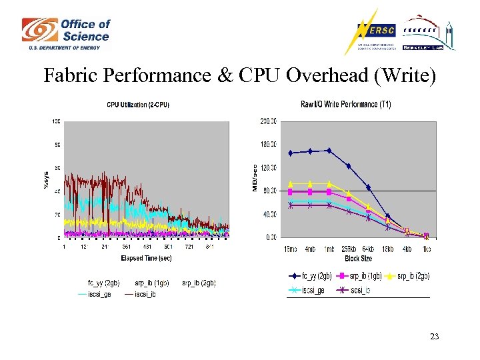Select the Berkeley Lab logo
click(427, 33)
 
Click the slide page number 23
click(434, 337)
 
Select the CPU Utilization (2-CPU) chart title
click(138, 105)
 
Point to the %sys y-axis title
click(46, 179)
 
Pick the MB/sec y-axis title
click(255, 179)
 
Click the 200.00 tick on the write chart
click(269, 121)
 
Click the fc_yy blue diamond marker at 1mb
click(329, 151)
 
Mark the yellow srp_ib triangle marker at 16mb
click(290, 183)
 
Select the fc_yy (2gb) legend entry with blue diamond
click(310, 275)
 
